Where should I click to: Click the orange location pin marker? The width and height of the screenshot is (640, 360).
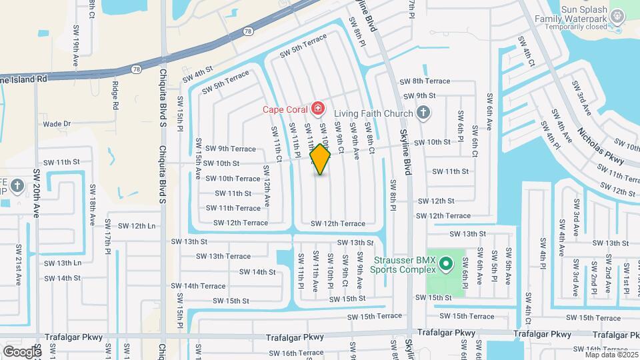(x=321, y=159)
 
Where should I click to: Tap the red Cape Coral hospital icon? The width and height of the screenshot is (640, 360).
(x=317, y=108)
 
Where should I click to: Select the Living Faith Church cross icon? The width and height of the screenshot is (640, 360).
(x=422, y=113)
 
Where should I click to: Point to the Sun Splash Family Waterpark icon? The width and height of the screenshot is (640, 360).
(x=618, y=15)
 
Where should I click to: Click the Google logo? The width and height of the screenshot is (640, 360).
(x=22, y=351)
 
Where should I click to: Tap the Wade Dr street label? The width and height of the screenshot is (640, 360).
(x=57, y=123)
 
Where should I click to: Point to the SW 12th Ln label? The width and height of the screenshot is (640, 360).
(x=133, y=226)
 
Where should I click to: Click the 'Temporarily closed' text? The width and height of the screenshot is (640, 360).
(x=576, y=27)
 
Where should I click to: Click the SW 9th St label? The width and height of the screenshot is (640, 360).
(x=418, y=96)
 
